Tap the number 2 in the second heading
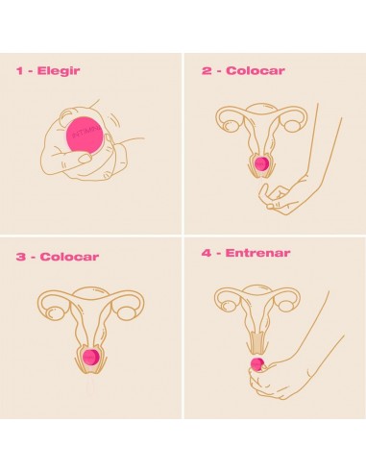206,70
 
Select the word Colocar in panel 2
248,70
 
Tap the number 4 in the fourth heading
207,253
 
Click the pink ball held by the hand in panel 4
257,363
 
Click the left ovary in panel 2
230,123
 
